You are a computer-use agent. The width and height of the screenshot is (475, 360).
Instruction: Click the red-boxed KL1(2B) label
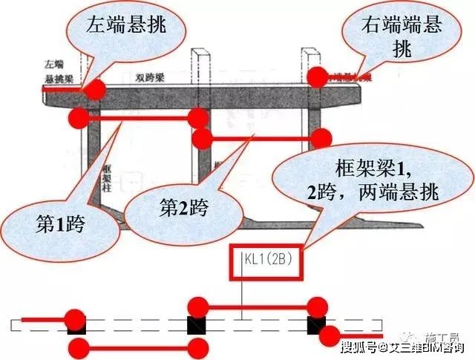(x=266, y=261)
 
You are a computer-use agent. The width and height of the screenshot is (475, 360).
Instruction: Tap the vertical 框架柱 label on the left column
(x=106, y=174)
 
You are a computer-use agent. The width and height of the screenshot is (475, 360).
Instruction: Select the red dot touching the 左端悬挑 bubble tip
(x=94, y=90)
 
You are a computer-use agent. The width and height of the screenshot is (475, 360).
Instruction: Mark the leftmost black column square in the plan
(x=76, y=325)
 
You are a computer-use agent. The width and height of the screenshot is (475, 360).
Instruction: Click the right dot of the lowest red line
(x=197, y=349)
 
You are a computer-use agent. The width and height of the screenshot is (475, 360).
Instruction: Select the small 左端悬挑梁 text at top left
(x=56, y=71)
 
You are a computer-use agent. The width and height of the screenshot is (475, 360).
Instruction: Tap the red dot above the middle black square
(x=197, y=306)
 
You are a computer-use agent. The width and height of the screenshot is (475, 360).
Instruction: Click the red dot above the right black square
(x=318, y=306)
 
